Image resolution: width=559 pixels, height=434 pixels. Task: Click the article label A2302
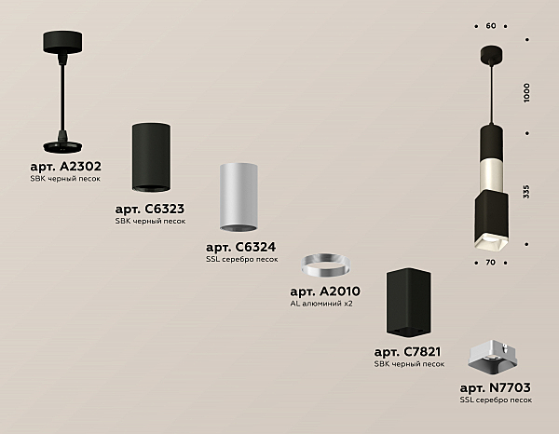(65, 167)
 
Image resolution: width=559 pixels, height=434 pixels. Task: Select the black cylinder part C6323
(151, 157)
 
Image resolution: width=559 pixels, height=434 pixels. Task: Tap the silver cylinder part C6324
(239, 197)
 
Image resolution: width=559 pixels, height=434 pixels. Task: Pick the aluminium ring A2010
(325, 265)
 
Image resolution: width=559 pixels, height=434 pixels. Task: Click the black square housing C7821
(409, 302)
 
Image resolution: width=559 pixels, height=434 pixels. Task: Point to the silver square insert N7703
(491, 358)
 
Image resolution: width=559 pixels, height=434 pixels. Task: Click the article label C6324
(241, 247)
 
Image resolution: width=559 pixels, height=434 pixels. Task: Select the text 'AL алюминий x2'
(321, 304)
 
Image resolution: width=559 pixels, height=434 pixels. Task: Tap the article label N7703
(496, 387)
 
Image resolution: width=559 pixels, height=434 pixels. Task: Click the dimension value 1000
(526, 93)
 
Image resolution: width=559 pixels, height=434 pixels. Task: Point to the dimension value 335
(526, 192)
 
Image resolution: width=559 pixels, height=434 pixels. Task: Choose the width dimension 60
(491, 26)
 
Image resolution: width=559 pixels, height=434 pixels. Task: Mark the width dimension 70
(491, 263)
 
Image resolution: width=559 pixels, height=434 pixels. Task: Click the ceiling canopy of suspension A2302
(62, 42)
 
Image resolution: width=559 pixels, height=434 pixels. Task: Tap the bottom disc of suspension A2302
(62, 146)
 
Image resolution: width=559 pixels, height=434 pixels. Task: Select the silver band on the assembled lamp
(492, 174)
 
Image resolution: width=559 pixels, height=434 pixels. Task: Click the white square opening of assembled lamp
(491, 243)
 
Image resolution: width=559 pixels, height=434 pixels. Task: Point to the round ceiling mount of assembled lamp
(492, 53)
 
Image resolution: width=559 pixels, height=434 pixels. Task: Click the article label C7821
(407, 352)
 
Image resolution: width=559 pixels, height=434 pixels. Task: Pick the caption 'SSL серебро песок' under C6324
(241, 260)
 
